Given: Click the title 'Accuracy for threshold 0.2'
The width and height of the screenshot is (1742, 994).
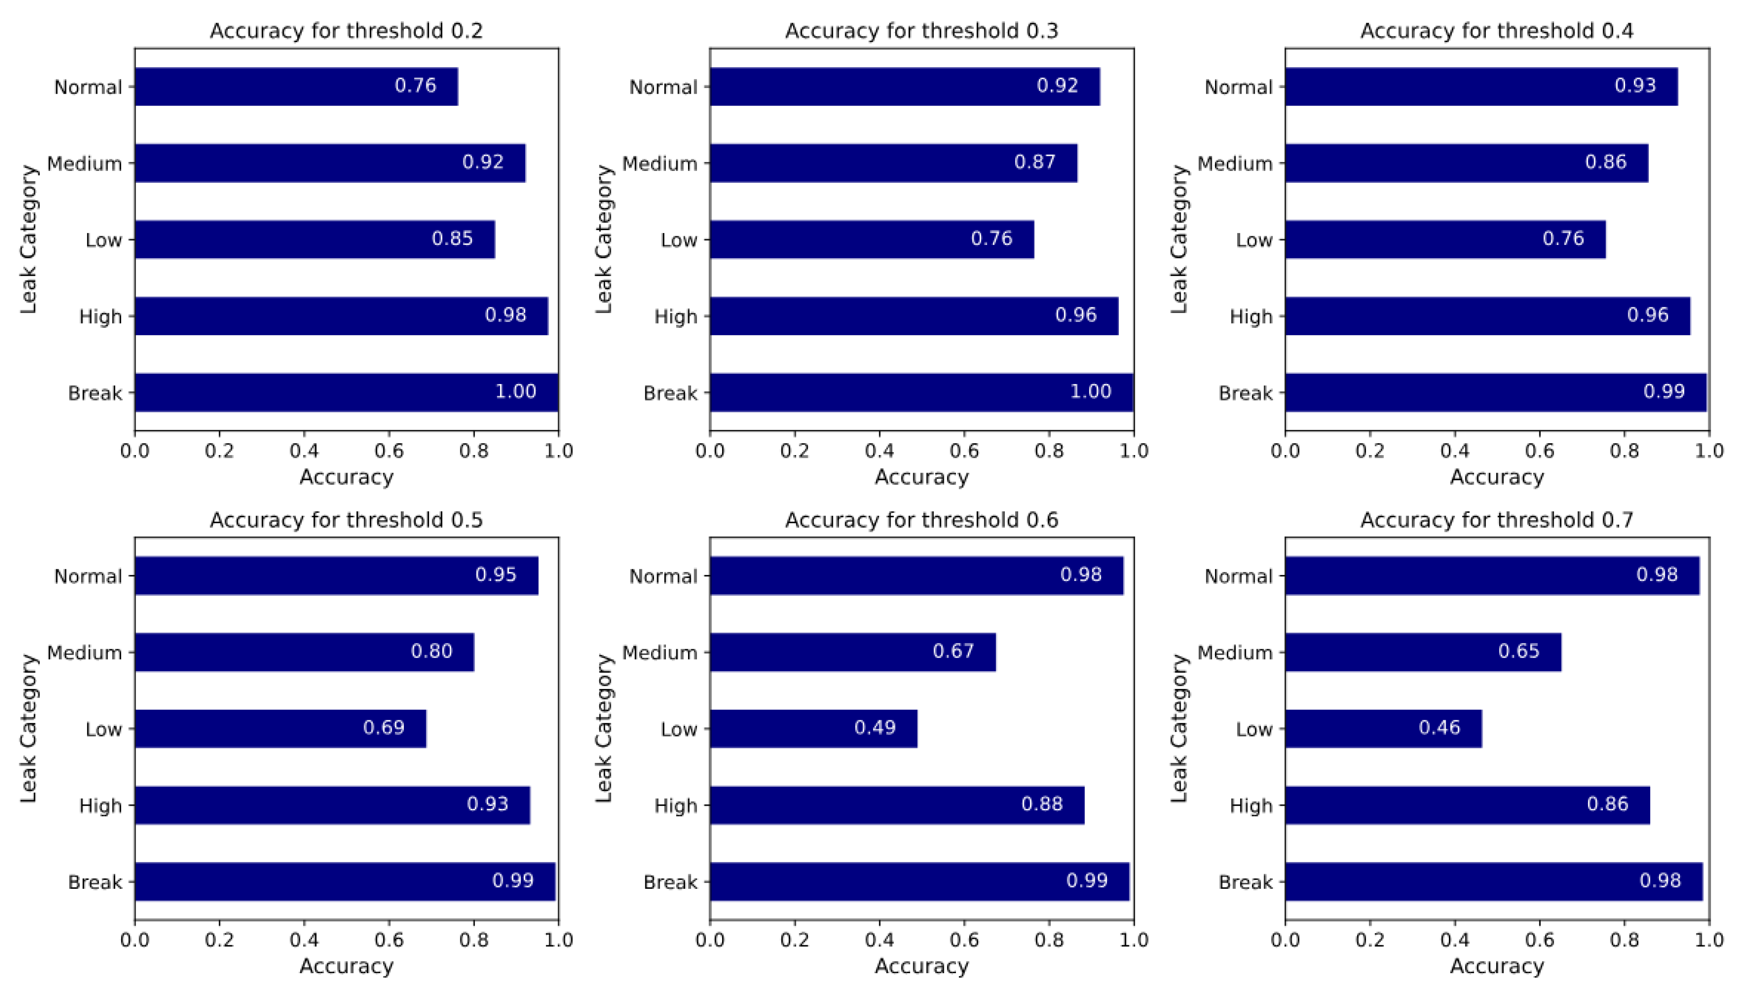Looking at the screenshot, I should point(346,31).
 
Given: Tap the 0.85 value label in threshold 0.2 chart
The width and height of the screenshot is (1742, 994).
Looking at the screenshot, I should point(452,238).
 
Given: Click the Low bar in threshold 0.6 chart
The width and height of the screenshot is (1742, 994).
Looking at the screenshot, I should point(813,728).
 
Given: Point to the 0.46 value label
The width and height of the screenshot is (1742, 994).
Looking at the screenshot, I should point(1439,727).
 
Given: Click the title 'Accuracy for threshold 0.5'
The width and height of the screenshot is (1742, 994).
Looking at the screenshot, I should point(346,520).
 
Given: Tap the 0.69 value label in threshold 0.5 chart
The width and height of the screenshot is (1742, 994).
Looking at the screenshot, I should point(384,727).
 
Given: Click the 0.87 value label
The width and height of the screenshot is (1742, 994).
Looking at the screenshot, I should point(1034,162).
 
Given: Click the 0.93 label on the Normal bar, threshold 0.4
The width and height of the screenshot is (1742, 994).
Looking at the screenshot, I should point(1635,85).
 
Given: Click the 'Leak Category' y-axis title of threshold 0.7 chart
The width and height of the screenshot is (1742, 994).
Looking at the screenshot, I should point(1179,728).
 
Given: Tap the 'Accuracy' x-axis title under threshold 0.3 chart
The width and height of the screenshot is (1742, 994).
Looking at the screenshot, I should point(921,477).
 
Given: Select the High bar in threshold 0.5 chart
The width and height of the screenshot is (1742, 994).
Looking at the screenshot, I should point(332,805).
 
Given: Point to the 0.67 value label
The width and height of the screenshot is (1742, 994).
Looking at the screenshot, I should point(953,651).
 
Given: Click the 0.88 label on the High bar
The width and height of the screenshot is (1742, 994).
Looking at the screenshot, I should point(1042,804).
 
